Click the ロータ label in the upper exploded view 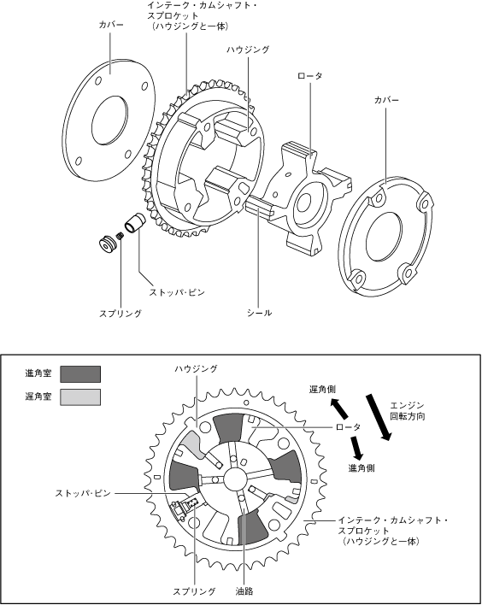(309, 76)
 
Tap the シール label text (259, 313)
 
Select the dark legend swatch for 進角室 (80, 374)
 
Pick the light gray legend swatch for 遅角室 (80, 397)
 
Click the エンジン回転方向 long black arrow (379, 417)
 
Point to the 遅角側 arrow (338, 408)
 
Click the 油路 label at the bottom (244, 590)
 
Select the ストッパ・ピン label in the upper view (177, 292)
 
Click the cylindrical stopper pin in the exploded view (134, 223)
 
